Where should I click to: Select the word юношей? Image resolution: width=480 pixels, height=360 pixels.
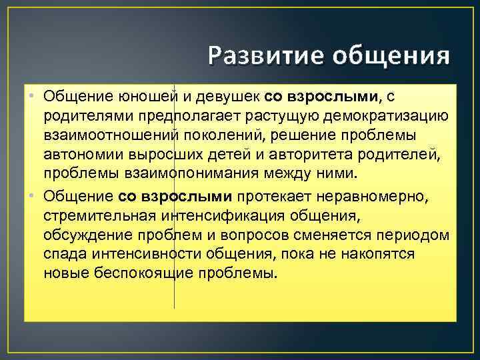coord(149,97)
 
